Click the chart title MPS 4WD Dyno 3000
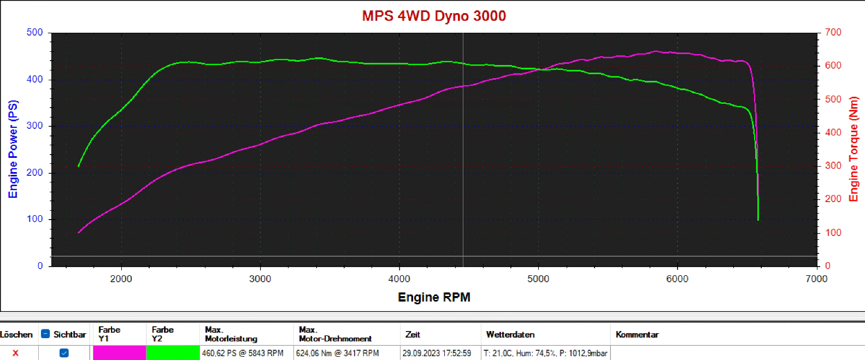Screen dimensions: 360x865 click(434, 16)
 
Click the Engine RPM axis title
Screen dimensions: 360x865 click(434, 297)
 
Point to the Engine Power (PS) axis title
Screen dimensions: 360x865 click(13, 149)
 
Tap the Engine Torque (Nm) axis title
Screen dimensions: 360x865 click(853, 149)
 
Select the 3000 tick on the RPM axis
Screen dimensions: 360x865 click(260, 279)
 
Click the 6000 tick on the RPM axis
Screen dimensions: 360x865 click(677, 279)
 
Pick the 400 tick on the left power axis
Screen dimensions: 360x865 click(34, 79)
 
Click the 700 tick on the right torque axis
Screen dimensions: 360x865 click(833, 32)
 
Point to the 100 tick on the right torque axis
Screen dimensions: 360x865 click(833, 233)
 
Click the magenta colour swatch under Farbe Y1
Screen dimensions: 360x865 click(119, 353)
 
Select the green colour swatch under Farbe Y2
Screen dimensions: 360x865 click(173, 353)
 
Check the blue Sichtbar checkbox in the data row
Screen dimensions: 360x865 click(64, 353)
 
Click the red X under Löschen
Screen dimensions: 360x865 click(15, 353)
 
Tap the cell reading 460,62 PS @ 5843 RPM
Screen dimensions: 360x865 click(243, 353)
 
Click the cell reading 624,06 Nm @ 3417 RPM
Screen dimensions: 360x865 click(337, 353)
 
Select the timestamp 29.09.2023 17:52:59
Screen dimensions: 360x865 click(437, 353)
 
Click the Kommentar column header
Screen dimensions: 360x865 click(637, 334)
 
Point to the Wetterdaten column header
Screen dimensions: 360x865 click(510, 334)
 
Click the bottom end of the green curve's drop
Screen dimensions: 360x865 click(758, 220)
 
